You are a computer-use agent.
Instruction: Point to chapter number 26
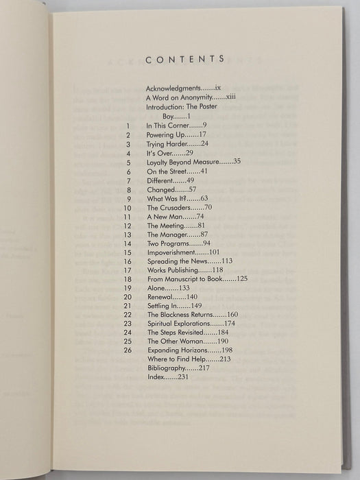pyautogui.click(x=126, y=350)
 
